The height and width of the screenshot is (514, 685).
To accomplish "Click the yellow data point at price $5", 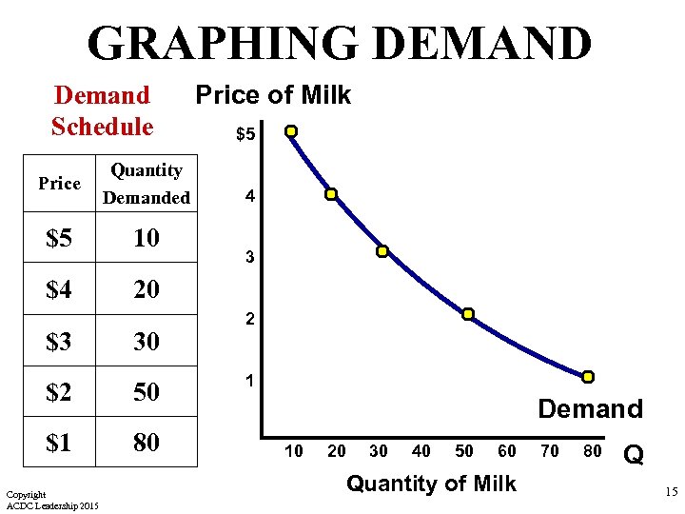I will pos(291,131).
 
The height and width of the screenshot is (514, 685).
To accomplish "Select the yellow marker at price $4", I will pos(331,194).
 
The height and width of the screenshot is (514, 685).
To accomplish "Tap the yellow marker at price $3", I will pos(382,252).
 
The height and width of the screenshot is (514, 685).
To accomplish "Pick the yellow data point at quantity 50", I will pos(468,314).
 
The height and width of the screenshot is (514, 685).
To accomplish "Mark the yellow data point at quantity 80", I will pos(588,377).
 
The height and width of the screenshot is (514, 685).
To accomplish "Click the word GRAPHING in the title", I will pos(221,44).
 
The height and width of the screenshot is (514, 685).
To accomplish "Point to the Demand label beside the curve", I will pos(590,409).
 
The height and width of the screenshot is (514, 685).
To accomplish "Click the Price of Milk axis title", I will pos(273,95).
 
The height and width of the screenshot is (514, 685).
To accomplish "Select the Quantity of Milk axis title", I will pos(431,484).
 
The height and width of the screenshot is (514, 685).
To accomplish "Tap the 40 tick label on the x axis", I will pos(421,451).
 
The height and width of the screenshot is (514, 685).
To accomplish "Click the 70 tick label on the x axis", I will pos(551,451).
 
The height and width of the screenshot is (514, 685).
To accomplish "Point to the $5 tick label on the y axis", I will pos(245,134).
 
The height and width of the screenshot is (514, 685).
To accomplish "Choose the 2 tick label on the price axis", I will pos(249,321).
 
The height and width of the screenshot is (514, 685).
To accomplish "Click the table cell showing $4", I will pos(60,288).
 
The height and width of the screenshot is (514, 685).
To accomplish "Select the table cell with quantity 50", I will pos(147,392).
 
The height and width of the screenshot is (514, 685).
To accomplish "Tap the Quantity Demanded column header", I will pos(147,184).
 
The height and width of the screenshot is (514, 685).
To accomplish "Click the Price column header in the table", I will pos(60,184).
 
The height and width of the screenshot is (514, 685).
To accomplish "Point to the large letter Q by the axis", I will pos(633,456).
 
